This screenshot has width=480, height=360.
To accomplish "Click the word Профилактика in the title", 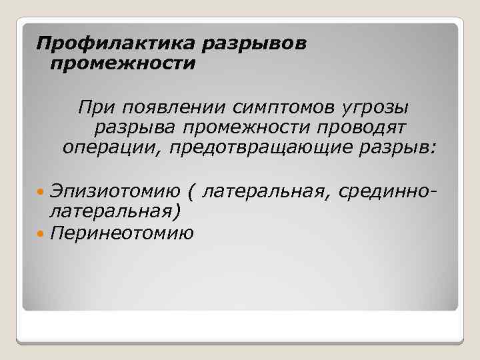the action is [115, 43].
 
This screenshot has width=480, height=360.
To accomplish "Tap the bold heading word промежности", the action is [123, 64].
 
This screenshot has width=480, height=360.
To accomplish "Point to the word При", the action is [96, 107].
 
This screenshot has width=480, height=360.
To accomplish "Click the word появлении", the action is [174, 108].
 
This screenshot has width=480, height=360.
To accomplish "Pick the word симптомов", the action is [283, 108].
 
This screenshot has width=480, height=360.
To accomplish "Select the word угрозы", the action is [375, 109].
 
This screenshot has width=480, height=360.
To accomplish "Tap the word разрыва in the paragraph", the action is [135, 128].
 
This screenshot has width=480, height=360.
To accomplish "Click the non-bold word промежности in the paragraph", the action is [247, 128].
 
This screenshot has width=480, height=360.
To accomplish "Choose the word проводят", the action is [361, 128].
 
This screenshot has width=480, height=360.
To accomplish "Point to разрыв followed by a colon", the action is [397, 148].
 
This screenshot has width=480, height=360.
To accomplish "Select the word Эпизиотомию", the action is [115, 191].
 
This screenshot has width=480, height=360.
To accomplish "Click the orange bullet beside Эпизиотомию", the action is [40, 192].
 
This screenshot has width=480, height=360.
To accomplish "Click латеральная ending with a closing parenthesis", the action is [115, 211].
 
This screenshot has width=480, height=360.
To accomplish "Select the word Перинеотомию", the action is [121, 233].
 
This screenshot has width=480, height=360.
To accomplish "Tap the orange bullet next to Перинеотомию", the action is [40, 234].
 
